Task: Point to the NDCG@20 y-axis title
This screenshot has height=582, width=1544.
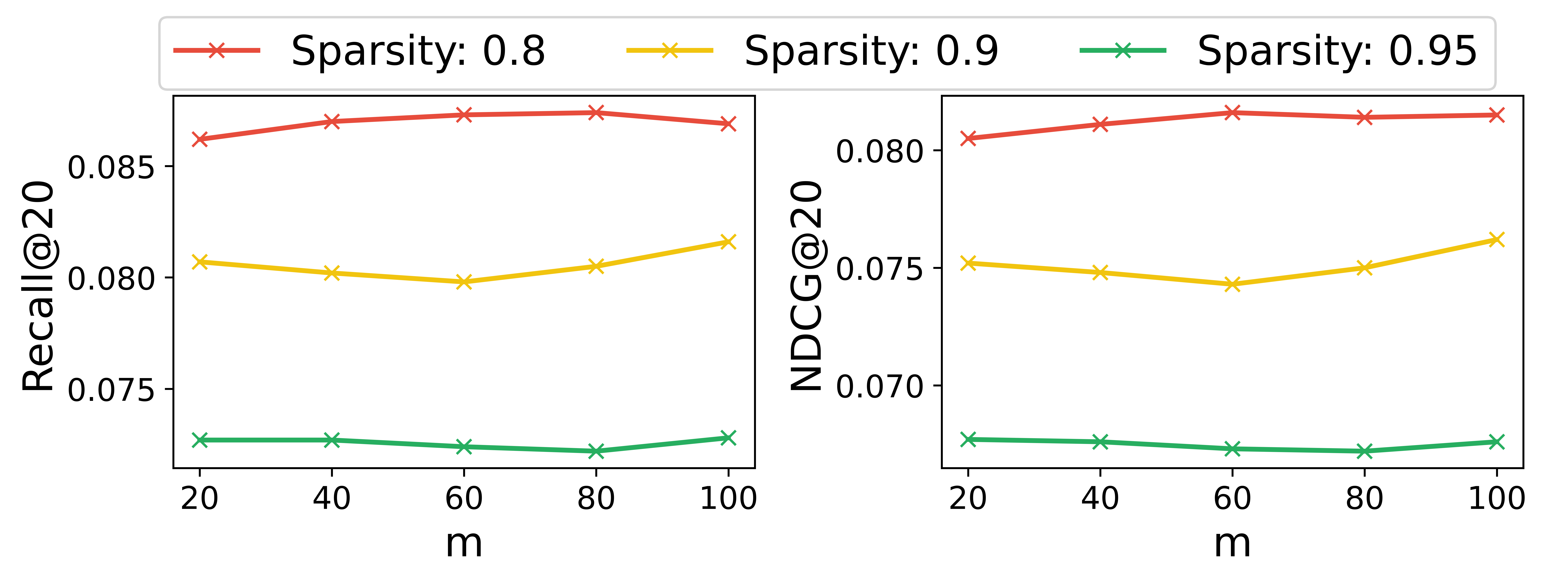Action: pos(806,287)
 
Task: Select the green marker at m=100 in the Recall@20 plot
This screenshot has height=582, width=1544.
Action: pos(728,437)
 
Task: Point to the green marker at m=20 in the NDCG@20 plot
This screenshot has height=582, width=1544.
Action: pos(968,439)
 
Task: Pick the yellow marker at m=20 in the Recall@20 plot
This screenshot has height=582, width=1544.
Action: pos(200,262)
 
